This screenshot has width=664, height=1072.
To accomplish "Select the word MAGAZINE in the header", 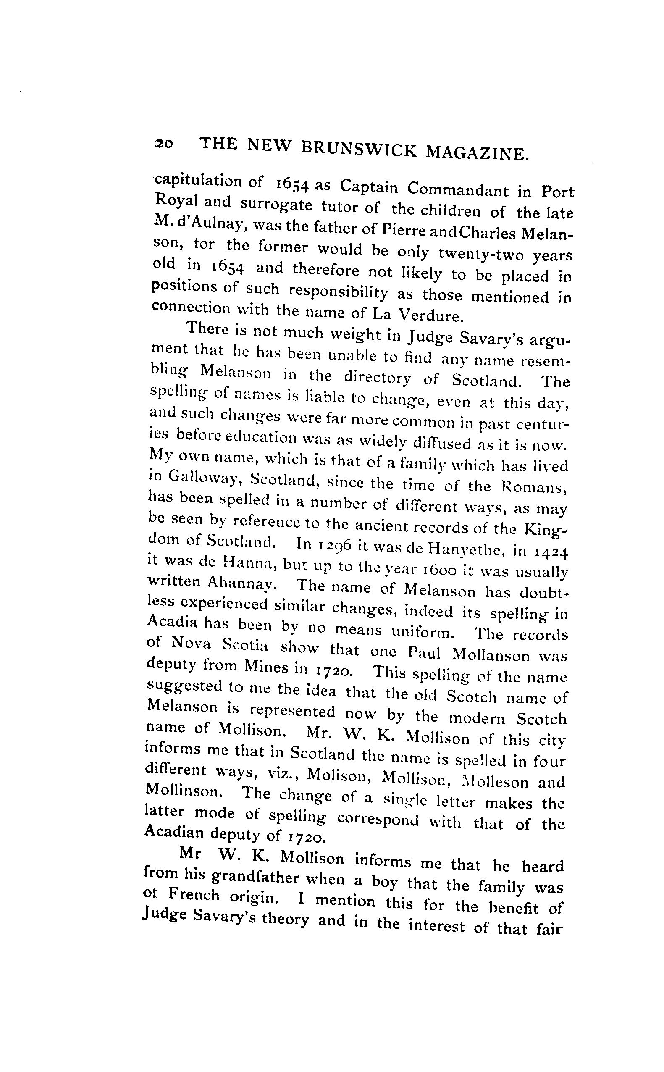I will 477,153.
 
